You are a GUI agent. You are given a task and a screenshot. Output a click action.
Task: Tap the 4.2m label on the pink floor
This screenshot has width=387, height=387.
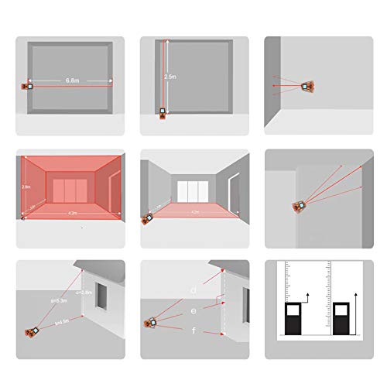(x=196, y=211)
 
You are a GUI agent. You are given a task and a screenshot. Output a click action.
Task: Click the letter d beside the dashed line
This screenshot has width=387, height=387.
(x=193, y=290)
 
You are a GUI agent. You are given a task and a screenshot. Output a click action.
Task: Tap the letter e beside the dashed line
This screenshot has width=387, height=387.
(x=193, y=311)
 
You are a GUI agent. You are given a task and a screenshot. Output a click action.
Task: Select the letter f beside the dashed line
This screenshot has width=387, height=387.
(x=193, y=332)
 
